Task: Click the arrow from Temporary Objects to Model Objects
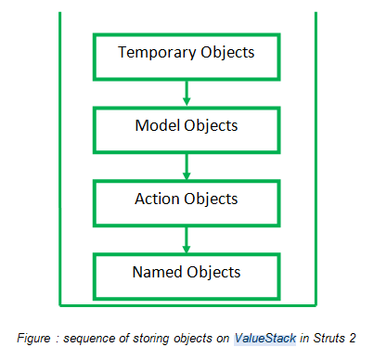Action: click(187, 92)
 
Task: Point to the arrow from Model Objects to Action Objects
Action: click(187, 165)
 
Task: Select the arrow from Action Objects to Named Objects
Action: click(187, 238)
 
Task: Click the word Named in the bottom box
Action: click(157, 272)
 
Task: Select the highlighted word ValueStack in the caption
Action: click(265, 339)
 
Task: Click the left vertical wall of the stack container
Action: click(60, 158)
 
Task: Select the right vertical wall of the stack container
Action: click(316, 158)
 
